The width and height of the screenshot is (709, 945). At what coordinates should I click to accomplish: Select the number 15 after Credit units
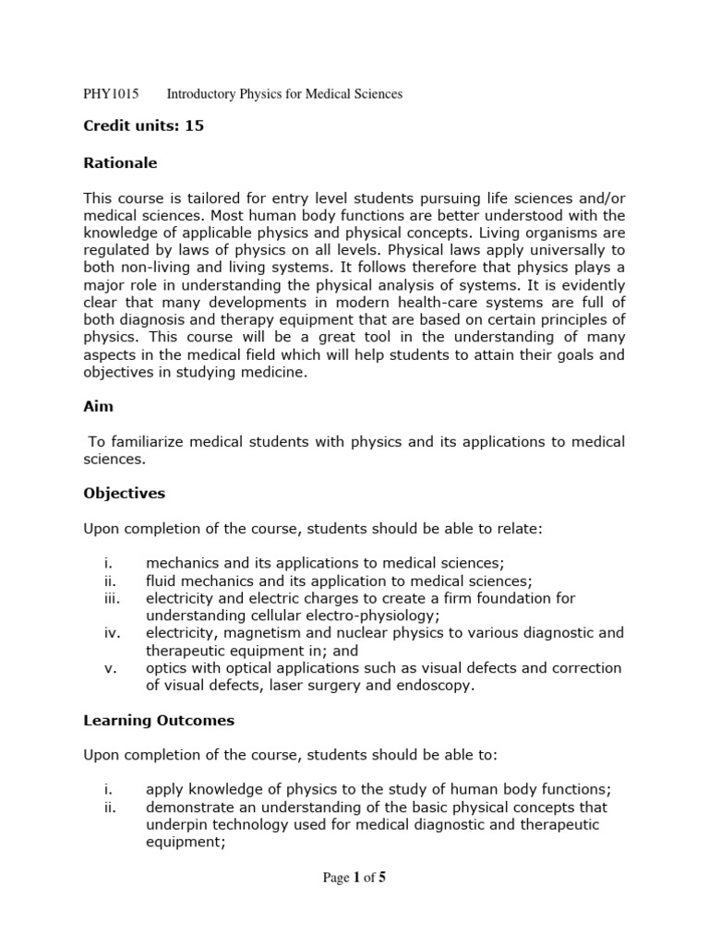click(194, 126)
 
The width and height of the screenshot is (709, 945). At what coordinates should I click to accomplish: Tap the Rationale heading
click(120, 163)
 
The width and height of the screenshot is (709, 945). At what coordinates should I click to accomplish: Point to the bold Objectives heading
click(124, 494)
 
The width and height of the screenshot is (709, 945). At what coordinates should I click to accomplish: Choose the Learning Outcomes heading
click(159, 721)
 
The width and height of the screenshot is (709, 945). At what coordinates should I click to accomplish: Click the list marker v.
click(108, 668)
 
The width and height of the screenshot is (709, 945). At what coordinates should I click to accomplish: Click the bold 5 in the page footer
click(381, 878)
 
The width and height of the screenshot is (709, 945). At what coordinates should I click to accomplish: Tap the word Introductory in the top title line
click(207, 94)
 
